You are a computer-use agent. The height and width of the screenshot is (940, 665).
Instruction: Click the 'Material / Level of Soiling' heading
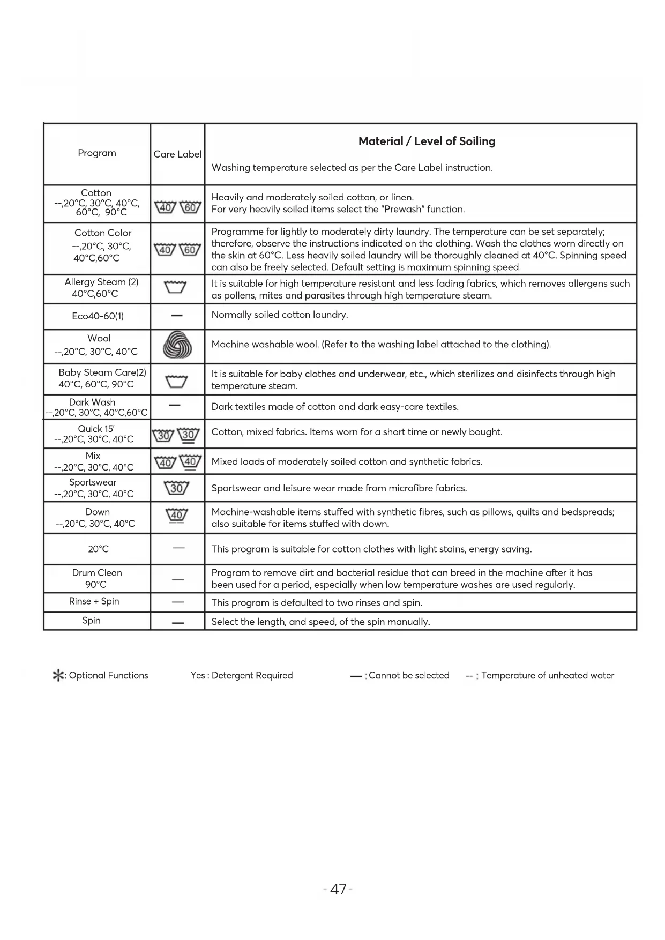427,141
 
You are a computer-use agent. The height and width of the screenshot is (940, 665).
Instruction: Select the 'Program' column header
97,153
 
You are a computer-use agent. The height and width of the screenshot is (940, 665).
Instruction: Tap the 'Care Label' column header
177,154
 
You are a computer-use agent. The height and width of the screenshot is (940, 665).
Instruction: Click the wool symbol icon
177,345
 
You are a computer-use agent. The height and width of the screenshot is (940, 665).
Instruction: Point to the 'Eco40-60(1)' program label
98,316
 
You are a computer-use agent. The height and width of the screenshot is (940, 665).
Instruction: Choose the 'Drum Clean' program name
97,573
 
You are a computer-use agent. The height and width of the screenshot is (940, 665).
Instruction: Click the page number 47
338,890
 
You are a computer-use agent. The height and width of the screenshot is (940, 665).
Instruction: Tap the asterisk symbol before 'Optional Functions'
57,676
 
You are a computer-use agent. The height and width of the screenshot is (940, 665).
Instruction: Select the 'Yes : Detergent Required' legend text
242,676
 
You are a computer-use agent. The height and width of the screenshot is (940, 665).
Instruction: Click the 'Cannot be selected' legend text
409,676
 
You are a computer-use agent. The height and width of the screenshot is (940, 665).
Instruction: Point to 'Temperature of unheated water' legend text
547,676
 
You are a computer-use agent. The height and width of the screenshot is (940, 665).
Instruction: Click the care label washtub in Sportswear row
177,488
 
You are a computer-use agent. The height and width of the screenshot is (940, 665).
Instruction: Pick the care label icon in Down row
177,516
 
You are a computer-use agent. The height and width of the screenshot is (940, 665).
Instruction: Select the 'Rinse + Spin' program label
94,601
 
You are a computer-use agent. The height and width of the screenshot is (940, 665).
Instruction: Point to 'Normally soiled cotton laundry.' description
280,315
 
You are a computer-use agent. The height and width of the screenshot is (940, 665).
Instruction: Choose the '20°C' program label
99,549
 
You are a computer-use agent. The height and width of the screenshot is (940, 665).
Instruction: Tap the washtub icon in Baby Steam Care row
176,381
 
